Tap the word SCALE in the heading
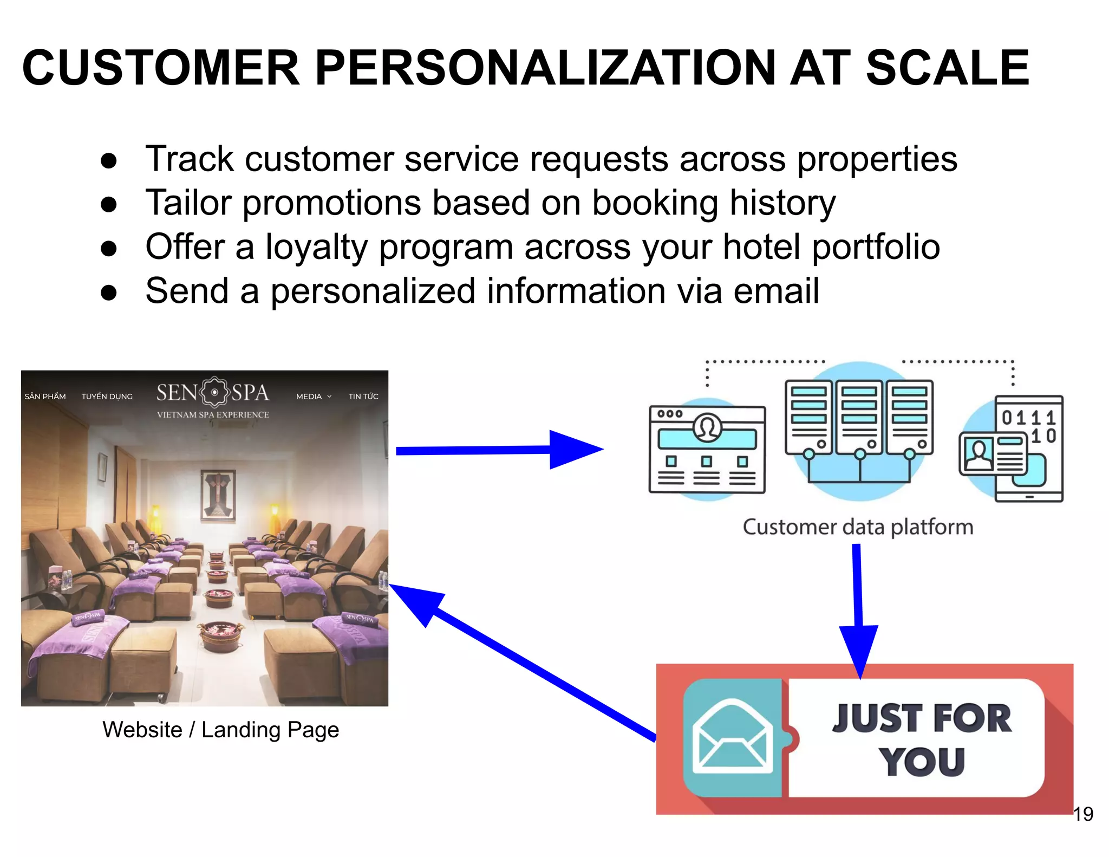coord(947,68)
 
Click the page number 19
coord(1082,814)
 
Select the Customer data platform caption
coord(858,527)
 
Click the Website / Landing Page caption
coord(220,729)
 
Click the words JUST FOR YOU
coord(922,739)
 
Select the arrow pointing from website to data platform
coord(498,450)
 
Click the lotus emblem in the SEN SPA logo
coord(215,392)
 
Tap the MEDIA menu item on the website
coord(310,397)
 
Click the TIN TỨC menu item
coord(363,397)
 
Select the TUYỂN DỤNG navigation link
coord(107,397)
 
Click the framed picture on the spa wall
coord(218,494)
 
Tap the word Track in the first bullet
coord(189,159)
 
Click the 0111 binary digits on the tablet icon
coord(1028,418)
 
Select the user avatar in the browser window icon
coord(707,427)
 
